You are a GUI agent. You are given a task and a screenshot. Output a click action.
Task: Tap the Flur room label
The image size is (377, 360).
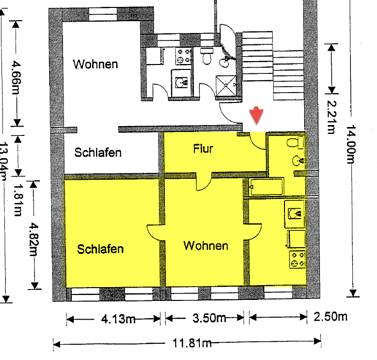(x=203, y=148)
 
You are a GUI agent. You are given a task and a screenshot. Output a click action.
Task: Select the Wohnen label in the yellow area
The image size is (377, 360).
(x=206, y=245)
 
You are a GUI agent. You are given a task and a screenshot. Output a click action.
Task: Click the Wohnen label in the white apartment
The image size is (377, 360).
(x=95, y=64)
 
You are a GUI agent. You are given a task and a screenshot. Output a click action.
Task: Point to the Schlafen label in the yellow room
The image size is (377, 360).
(x=100, y=249)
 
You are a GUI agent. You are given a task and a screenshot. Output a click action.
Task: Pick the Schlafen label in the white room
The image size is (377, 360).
(x=98, y=153)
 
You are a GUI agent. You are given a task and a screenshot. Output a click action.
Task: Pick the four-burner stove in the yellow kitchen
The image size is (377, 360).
(x=297, y=260)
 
